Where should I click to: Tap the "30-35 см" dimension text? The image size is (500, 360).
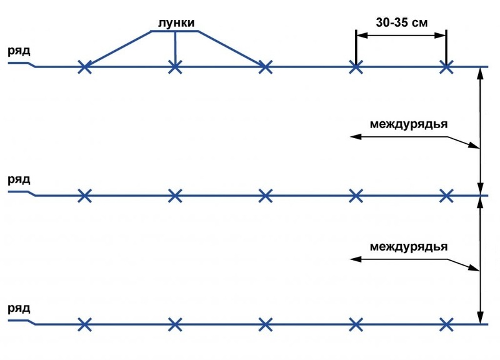click(x=402, y=22)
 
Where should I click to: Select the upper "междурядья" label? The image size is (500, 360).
click(x=408, y=123)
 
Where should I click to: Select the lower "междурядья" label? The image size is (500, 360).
click(x=408, y=246)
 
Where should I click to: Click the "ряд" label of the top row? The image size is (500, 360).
click(x=19, y=51)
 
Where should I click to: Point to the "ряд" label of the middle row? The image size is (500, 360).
click(x=19, y=179)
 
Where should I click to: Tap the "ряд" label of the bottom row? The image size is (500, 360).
click(x=19, y=309)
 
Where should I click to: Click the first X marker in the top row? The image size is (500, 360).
click(x=85, y=66)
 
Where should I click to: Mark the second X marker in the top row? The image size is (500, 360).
click(x=175, y=66)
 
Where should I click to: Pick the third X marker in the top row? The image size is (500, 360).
click(x=266, y=66)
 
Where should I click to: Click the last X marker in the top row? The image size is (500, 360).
click(x=446, y=66)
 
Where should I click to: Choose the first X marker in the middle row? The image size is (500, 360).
click(x=85, y=196)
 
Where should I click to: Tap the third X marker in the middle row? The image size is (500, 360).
click(x=266, y=196)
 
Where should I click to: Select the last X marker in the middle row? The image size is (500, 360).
click(x=446, y=196)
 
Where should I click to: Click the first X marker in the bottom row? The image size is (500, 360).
click(x=85, y=324)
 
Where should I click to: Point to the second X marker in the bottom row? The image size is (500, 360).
click(x=175, y=324)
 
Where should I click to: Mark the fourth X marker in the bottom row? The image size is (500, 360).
click(x=356, y=324)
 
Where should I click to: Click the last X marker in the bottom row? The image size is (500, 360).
click(x=446, y=324)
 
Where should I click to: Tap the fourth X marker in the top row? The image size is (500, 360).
click(x=356, y=66)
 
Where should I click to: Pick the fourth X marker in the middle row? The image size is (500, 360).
click(x=356, y=196)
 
